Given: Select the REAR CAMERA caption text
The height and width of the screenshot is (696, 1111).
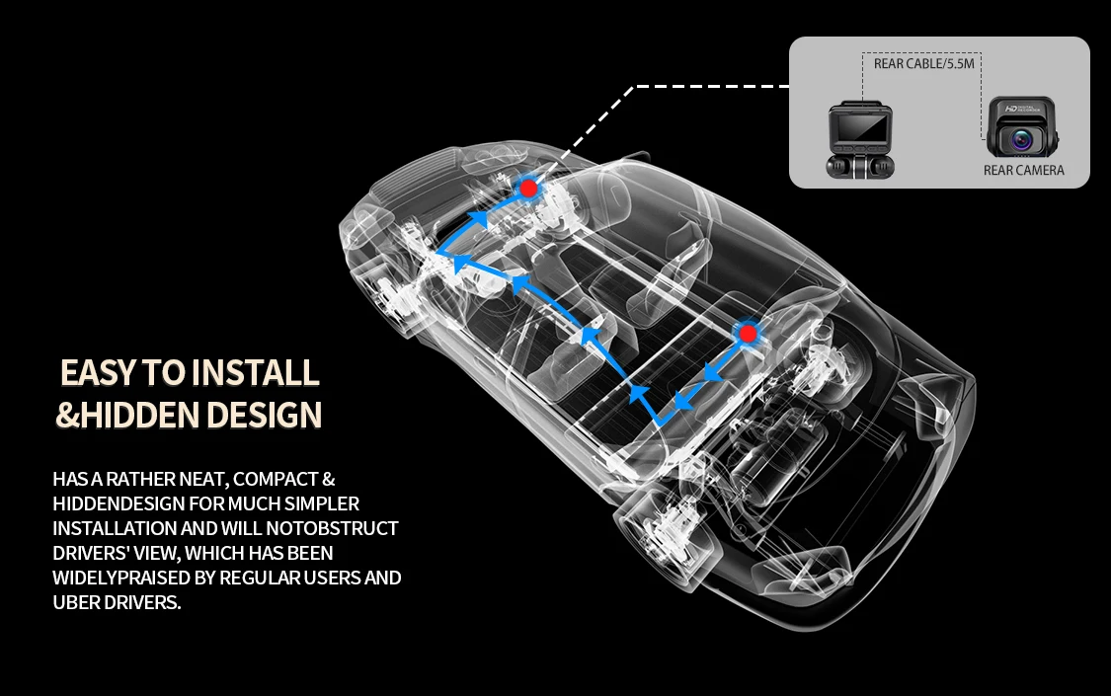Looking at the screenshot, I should (1024, 171).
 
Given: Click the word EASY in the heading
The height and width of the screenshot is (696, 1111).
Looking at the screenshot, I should (99, 373).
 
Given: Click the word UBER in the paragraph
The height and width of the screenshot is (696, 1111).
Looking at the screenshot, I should (78, 602).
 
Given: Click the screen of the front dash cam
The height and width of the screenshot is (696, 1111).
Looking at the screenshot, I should (855, 130).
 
